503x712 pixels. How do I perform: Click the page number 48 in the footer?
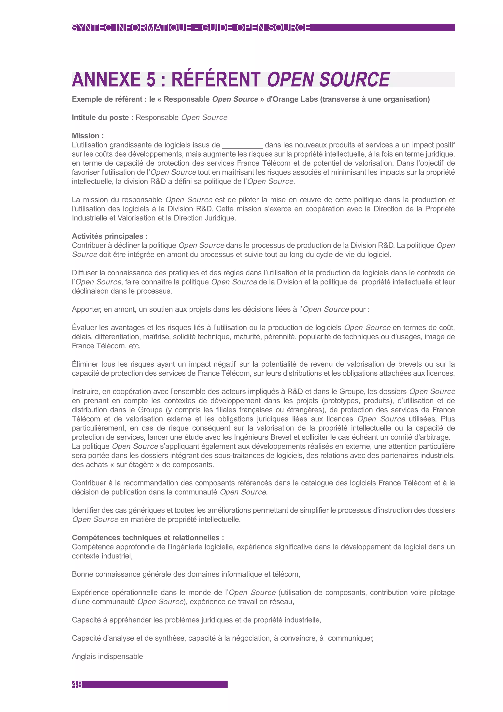tap(77, 684)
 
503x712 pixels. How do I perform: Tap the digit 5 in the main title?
tap(151, 79)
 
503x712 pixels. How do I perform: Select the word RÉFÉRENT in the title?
tap(216, 79)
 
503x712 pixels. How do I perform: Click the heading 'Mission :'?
tap(88, 135)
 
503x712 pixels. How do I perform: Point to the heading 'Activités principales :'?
tap(110, 236)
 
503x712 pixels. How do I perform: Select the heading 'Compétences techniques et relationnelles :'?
tap(148, 537)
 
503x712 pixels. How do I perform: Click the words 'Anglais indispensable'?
tap(107, 656)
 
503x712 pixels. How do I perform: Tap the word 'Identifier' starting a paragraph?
tap(87, 510)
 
